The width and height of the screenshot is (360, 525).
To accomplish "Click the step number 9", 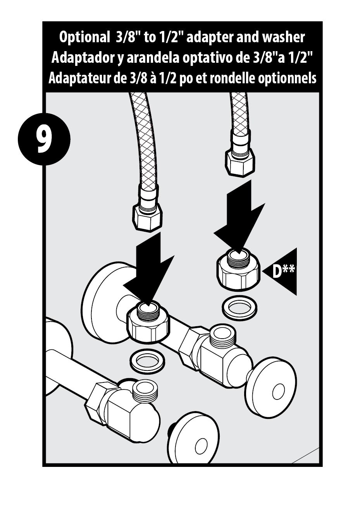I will pyautogui.click(x=44, y=139).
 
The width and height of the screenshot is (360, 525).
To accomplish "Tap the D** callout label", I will pyautogui.click(x=283, y=271).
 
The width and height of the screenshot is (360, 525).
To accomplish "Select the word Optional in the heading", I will pyautogui.click(x=84, y=37).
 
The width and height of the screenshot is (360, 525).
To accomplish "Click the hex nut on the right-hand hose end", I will pyautogui.click(x=239, y=161).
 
